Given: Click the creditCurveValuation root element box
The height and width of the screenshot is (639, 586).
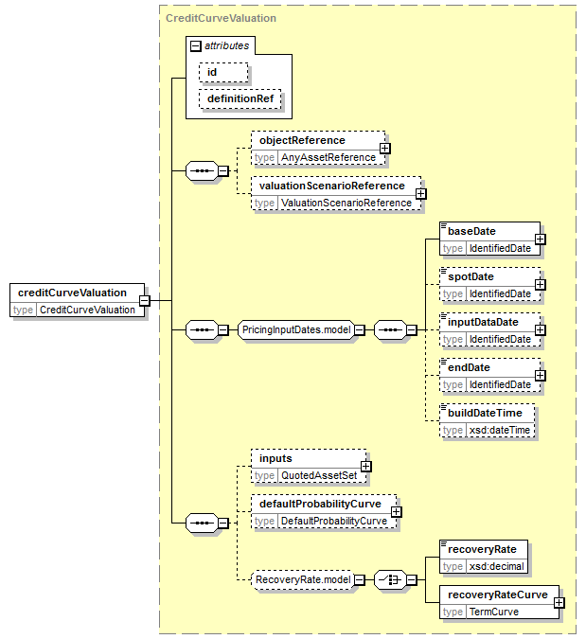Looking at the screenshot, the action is pos(77,300).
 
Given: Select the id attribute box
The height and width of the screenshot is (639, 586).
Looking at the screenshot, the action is pos(223,73).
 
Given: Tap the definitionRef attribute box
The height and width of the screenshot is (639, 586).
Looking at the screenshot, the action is pos(240,99).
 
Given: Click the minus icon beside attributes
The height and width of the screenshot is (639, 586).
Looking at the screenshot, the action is pos(196,46).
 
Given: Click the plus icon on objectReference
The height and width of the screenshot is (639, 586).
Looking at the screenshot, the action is pos(384,149).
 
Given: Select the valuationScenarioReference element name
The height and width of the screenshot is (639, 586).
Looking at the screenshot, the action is pos(332,186).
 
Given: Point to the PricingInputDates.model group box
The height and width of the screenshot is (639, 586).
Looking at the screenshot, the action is pos(296,329).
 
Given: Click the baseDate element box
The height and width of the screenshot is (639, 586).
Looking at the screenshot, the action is pos(489,240).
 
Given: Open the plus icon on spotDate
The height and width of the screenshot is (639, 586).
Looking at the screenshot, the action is pos(541,284).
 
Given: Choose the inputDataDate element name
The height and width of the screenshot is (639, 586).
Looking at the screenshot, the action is pos(483,323).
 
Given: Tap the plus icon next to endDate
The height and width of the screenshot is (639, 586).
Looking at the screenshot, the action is pos(541,375).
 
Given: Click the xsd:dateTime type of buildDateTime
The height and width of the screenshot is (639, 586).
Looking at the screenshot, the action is pos(500,431).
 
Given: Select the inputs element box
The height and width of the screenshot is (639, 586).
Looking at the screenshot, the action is pos(309,467).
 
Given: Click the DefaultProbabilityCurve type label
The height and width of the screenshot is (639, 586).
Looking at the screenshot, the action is pos(334,522).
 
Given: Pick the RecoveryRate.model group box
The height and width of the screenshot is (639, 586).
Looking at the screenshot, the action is pos(303,580).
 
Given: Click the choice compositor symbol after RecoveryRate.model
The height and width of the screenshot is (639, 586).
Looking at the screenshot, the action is pos(390,580).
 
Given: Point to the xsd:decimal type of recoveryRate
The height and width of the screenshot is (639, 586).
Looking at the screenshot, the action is pos(496,567).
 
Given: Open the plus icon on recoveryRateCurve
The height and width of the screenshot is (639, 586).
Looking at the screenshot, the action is pos(559,603).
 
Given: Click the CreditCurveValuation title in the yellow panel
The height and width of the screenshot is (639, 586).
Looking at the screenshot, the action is pos(221,18).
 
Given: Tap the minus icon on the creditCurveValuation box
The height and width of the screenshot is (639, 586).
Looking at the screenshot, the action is pos(145,301).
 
